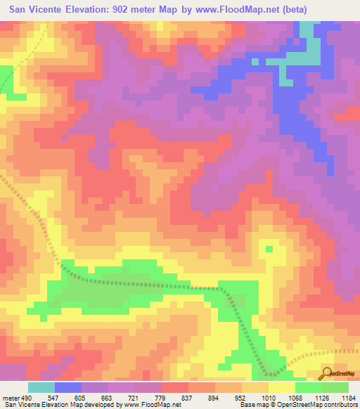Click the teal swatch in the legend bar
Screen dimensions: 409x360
pos(41,387)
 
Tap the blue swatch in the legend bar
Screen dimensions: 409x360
pos(68,387)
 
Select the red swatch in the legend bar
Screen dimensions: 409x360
pos(175,387)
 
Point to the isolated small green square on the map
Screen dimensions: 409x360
pos(269,248)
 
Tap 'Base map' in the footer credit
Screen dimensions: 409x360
pos(251,405)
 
